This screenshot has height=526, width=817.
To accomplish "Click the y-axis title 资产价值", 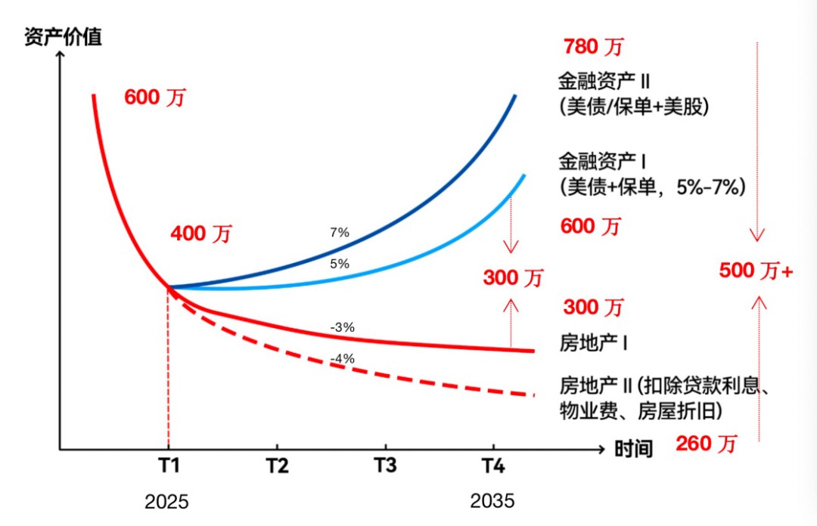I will [x=64, y=36].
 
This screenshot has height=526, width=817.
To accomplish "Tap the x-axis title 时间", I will [x=633, y=449].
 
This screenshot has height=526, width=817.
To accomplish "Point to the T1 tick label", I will [x=168, y=466].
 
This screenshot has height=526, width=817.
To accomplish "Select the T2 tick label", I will [x=278, y=466].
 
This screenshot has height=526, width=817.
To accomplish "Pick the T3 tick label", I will [x=385, y=466].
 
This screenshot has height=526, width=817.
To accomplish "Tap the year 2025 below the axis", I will [x=167, y=501].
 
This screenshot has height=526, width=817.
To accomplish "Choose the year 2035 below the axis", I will [x=492, y=501].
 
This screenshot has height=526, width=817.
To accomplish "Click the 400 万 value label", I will [x=200, y=234].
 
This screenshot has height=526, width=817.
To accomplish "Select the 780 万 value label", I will [x=593, y=47].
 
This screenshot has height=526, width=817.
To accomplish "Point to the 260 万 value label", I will [x=705, y=444].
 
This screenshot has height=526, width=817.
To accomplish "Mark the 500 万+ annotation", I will [x=756, y=271].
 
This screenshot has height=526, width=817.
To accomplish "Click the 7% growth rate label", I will [x=340, y=233].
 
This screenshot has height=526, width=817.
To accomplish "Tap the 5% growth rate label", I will [x=340, y=264].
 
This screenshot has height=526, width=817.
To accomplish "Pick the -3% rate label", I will [x=343, y=328].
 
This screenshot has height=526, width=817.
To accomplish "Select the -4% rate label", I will [x=343, y=359].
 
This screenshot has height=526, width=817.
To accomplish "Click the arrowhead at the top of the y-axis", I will [x=59, y=55].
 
